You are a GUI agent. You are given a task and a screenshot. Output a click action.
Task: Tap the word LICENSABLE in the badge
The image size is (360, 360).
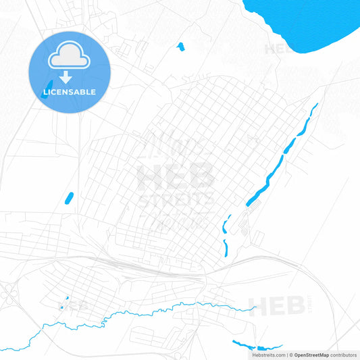(x=70, y=92)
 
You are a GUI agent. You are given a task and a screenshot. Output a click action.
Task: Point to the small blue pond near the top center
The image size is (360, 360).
(x=180, y=47)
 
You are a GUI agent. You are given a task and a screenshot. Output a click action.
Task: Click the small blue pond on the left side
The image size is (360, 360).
(x=68, y=198)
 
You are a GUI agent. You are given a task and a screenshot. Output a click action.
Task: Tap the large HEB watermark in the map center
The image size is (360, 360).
(x=176, y=176)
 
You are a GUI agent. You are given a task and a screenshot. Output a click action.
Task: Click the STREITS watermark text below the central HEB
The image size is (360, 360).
(x=176, y=201)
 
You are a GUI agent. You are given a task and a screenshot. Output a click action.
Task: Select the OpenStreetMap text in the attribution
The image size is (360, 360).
(x=310, y=355)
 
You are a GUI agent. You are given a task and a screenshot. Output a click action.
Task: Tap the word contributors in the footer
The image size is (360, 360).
(x=344, y=355)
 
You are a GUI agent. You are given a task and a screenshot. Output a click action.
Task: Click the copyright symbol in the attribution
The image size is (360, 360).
(x=291, y=355)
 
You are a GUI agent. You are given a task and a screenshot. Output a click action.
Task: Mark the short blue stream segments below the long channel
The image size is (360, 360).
(x=225, y=236)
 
